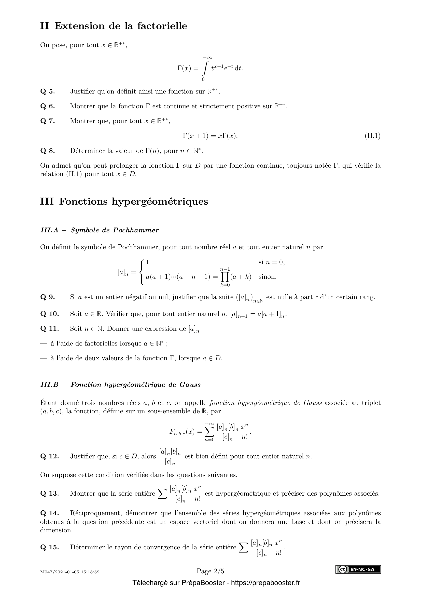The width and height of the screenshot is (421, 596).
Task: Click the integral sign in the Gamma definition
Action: pos(205,69)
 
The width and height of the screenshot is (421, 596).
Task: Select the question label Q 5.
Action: pos(47,91)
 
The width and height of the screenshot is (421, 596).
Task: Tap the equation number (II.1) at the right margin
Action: pos(373,136)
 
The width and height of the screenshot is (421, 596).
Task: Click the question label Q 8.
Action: pos(47,151)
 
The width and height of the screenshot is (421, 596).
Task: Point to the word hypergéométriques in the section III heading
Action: pos(160,202)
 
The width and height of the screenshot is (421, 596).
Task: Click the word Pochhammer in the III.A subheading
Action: pos(136,230)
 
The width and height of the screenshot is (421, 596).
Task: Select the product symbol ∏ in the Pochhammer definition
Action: pos(224,277)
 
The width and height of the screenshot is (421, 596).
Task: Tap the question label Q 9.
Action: pos(47,297)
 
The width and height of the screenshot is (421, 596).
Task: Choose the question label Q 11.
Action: pos(50,329)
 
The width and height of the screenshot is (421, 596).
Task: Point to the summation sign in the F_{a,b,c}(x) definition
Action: pos(209,432)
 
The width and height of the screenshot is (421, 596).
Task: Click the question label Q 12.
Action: pos(50,456)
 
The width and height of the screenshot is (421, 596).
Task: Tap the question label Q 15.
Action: pos(50,547)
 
